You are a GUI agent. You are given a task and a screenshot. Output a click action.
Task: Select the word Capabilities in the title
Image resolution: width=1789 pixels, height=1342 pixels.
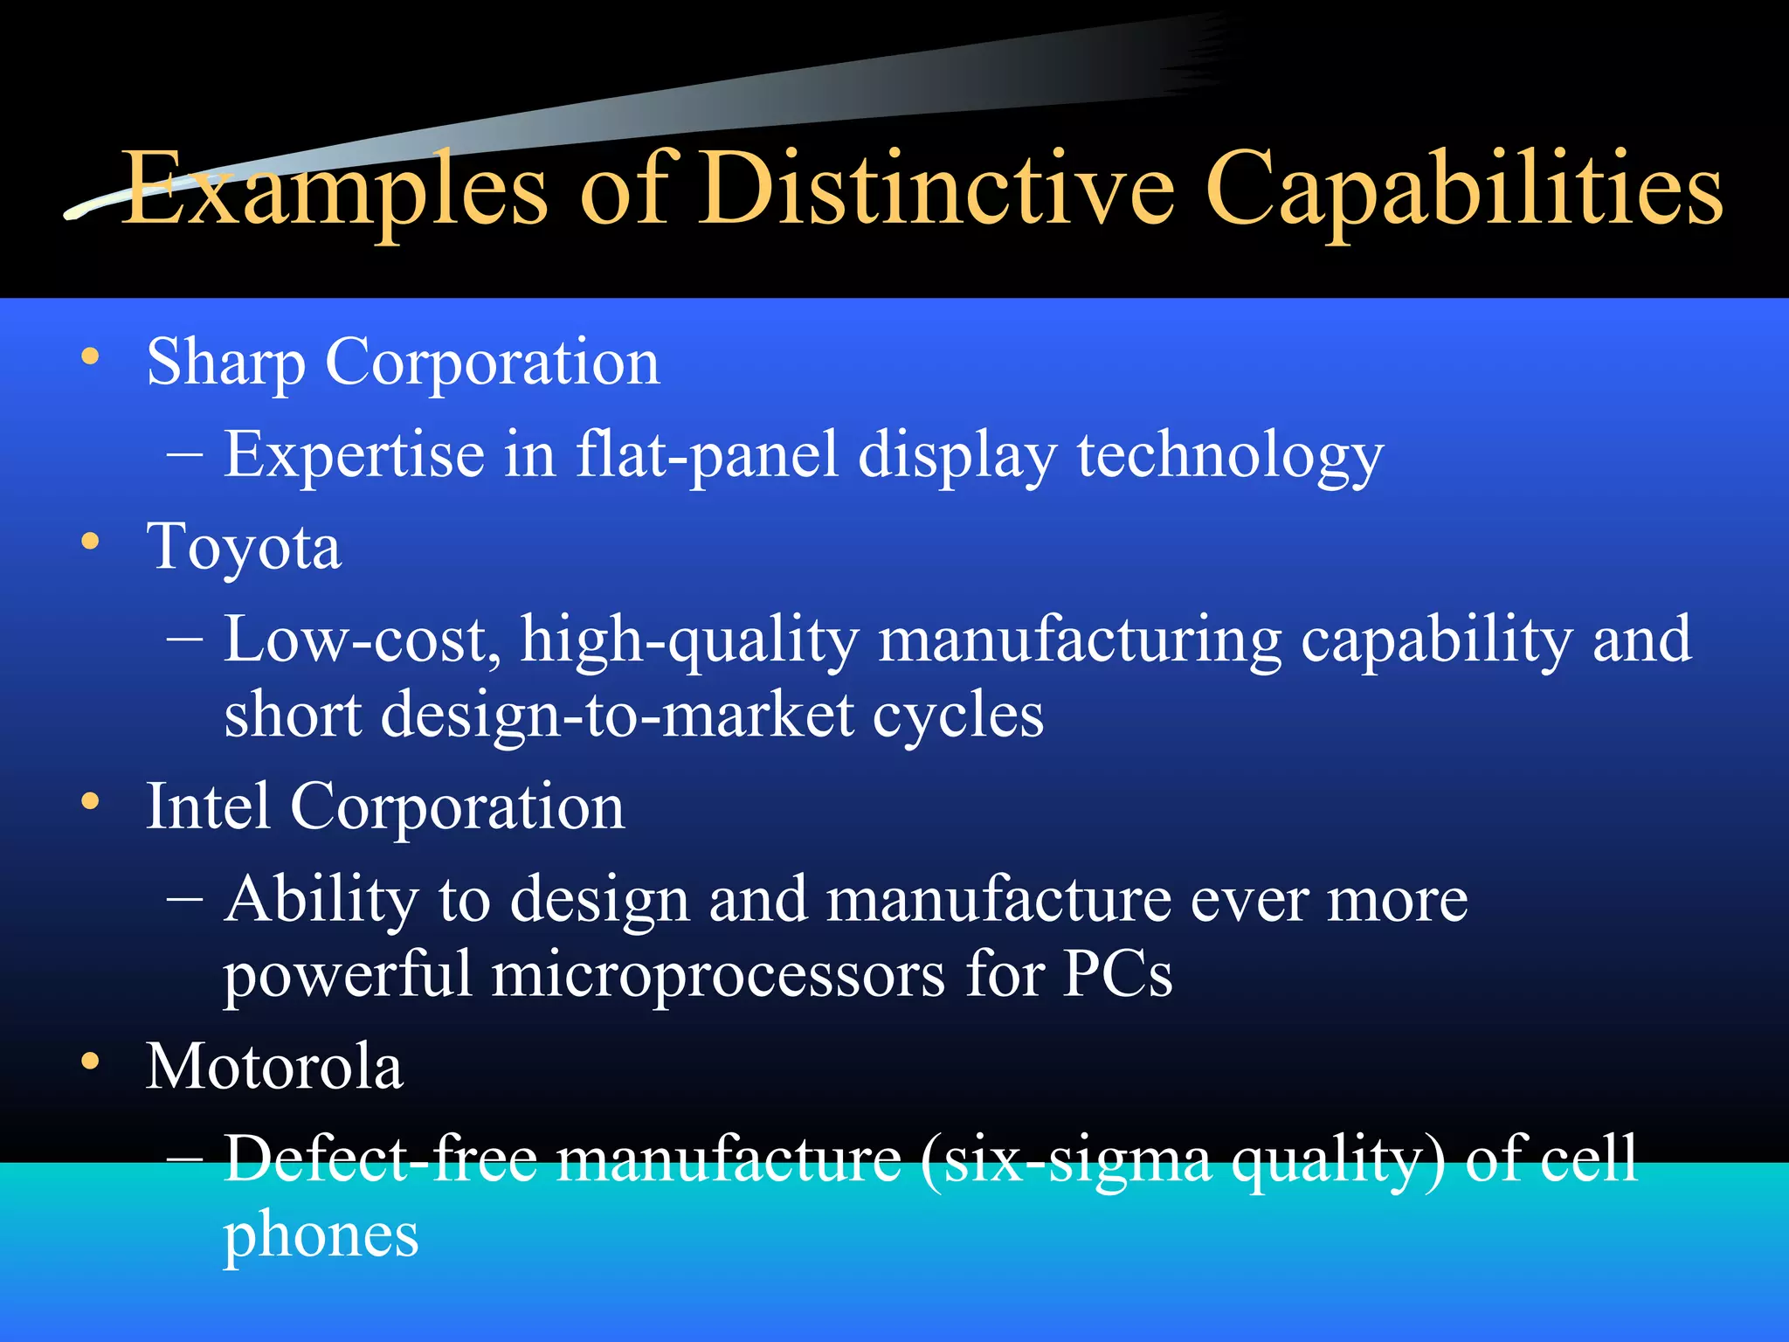tap(1463, 190)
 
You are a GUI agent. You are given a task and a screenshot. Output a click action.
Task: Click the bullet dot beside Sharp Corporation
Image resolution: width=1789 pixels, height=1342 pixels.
tap(90, 356)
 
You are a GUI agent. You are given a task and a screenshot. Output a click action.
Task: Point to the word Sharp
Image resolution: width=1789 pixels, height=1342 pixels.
tap(225, 363)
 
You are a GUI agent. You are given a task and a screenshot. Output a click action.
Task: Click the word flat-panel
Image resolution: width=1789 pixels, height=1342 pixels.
tap(707, 455)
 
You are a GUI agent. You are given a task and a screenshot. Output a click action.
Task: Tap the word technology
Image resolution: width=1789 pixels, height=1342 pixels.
tap(1230, 455)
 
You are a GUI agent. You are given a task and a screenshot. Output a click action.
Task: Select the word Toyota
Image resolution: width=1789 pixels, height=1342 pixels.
tap(244, 548)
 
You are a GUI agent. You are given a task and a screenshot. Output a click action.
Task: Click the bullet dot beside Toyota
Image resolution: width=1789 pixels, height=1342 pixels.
tap(90, 542)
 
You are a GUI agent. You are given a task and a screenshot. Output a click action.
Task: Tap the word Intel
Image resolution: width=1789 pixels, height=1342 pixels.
tap(208, 806)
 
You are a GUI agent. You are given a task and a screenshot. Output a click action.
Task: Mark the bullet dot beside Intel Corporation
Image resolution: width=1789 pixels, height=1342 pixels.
tap(90, 801)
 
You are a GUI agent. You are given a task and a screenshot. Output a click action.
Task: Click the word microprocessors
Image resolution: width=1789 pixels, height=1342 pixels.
tap(718, 975)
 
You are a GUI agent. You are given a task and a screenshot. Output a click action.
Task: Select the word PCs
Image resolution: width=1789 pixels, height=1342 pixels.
tap(1117, 973)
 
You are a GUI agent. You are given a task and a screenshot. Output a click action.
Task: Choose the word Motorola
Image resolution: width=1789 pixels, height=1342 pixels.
tap(274, 1067)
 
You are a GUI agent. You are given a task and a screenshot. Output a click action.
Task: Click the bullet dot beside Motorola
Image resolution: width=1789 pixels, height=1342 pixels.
tap(90, 1061)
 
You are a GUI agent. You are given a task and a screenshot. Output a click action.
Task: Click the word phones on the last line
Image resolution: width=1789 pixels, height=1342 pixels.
tap(321, 1236)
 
